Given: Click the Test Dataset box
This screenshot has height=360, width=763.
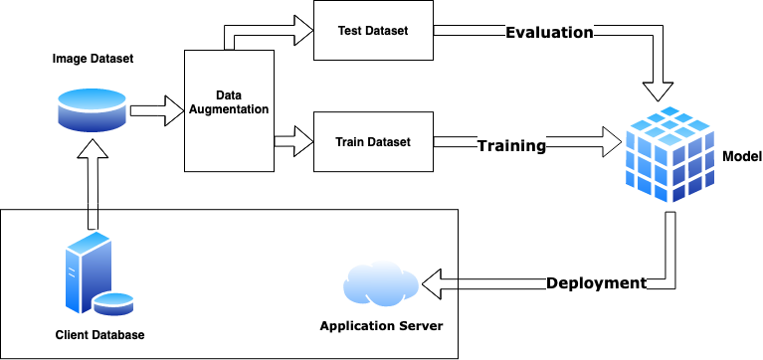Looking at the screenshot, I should point(373,31).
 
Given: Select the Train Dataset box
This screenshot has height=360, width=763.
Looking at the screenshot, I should point(373,142).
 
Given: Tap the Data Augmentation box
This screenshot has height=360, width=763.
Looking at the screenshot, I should point(229,109).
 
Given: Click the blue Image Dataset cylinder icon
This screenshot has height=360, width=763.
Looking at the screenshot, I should point(92,109).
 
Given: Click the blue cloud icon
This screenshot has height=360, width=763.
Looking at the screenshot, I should point(378,284).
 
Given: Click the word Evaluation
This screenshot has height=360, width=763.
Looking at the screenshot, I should point(549,33).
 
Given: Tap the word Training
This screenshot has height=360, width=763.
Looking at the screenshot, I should point(511,146).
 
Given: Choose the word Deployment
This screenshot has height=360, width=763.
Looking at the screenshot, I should point(596,283).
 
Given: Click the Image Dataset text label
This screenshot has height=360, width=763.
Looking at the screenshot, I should point(93,59).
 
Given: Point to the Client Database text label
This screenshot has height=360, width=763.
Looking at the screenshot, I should point(99,335).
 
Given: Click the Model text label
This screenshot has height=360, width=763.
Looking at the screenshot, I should point(741,157).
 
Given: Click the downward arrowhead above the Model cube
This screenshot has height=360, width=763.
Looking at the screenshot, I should point(659,90).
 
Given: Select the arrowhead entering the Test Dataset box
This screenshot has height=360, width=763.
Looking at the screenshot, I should point(300,31).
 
